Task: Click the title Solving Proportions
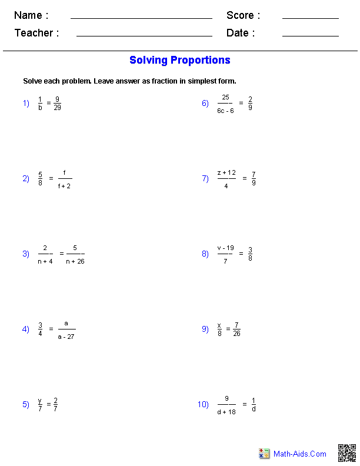click(180, 60)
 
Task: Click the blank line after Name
click(141, 18)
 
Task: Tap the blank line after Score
click(310, 18)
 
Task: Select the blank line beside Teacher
click(144, 36)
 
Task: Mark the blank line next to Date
click(310, 36)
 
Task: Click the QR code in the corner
click(346, 453)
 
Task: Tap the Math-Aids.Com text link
click(300, 454)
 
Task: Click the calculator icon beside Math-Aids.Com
click(264, 454)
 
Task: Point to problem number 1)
click(26, 104)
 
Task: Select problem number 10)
click(203, 404)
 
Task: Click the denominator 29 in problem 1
click(57, 108)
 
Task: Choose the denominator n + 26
click(75, 261)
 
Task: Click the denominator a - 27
click(66, 337)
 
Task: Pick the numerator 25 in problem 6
click(225, 98)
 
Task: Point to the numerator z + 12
click(226, 172)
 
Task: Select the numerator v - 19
click(226, 248)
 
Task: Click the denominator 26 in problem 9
click(236, 334)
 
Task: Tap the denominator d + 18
click(226, 412)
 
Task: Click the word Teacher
click(34, 33)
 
